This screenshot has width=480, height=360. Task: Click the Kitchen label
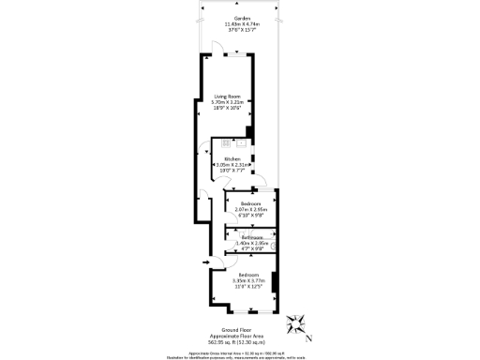coord(232,159)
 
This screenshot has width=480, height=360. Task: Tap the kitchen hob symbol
coord(242,144)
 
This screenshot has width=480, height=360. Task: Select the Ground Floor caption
coord(243,330)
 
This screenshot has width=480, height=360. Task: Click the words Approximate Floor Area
coord(243,336)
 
